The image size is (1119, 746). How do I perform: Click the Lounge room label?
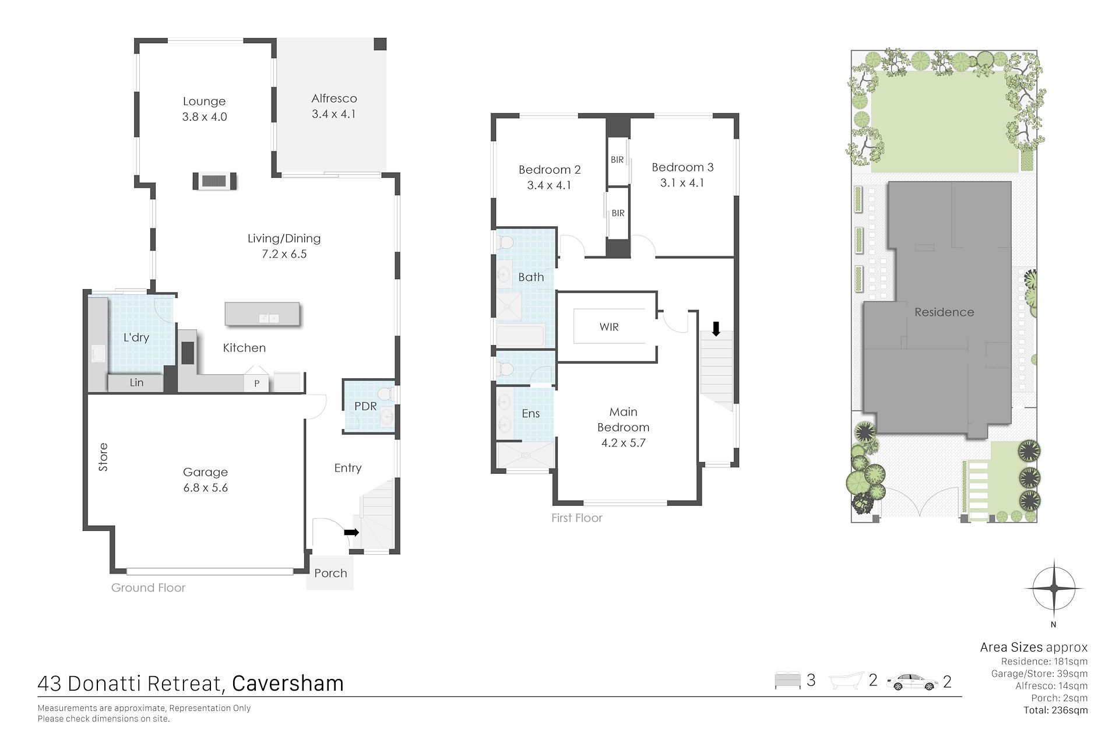pos(204,101)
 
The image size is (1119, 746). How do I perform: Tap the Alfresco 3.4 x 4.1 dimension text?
pos(333,114)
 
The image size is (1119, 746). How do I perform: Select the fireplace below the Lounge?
pos(215,181)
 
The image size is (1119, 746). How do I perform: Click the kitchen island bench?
pos(262,314)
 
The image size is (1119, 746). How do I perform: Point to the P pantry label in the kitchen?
pos(256,383)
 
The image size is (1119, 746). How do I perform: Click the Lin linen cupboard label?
pos(136,383)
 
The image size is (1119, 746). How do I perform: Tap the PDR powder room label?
pos(365,406)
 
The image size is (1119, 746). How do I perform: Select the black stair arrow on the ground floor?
pos(351,532)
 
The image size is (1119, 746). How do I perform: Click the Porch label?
pos(330,573)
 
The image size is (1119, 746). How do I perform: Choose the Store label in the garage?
pos(103,457)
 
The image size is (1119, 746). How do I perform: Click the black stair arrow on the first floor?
pos(716,329)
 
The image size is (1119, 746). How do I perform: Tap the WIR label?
pos(609,327)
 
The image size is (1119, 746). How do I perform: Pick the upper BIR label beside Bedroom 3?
pos(617,160)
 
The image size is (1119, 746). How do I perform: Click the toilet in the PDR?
pos(387,395)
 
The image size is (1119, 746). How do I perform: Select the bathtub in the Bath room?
pos(520,336)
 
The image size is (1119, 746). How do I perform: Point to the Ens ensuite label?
pos(531,413)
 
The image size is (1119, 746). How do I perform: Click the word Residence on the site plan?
pos(944,312)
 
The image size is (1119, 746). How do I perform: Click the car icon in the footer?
pos(912,682)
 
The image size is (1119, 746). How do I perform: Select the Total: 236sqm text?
pos(1055,710)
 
